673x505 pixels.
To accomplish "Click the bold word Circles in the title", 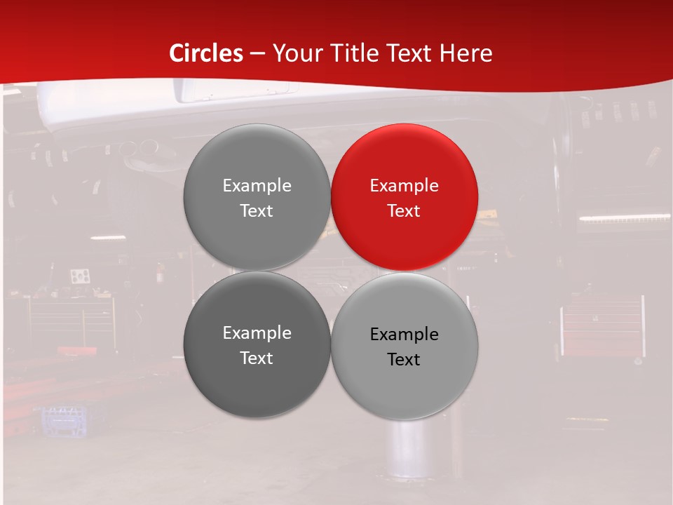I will click(206, 53).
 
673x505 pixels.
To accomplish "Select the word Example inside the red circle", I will click(405, 185).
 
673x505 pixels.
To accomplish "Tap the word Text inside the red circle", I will click(405, 210).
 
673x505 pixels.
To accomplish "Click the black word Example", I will click(405, 334).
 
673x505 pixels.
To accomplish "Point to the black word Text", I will click(405, 359).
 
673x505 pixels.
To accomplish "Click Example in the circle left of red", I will click(257, 185).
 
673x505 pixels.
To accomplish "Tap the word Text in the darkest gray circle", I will click(257, 358).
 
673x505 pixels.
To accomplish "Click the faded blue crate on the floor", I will click(64, 420).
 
